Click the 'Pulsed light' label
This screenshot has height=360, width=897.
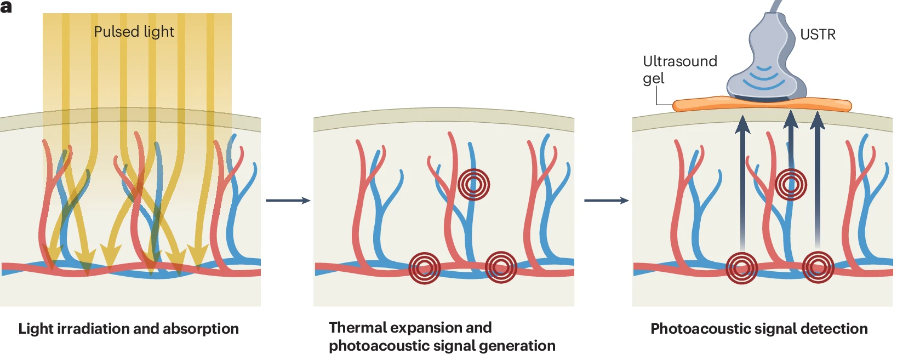tap(134, 32)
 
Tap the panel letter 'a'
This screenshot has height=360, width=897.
tap(6, 7)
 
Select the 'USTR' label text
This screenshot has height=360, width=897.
tap(818, 35)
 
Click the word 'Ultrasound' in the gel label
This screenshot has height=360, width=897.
tap(679, 61)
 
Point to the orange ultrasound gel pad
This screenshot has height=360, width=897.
tap(762, 104)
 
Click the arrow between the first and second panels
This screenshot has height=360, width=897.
tap(288, 201)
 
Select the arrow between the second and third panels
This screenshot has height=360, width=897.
tap(607, 201)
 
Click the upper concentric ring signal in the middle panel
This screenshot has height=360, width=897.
tap(473, 185)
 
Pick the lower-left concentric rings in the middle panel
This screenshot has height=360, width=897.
tap(424, 268)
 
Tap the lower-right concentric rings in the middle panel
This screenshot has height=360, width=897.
tap(501, 267)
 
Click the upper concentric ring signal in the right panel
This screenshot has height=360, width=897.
tap(791, 184)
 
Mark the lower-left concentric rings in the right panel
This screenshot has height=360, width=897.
tap(741, 268)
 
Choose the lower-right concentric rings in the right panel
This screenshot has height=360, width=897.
tap(818, 267)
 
